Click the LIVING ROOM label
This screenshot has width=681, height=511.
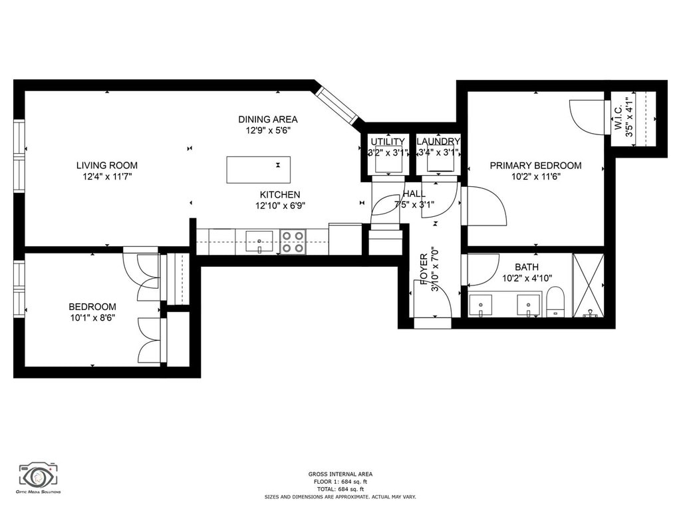click(107, 165)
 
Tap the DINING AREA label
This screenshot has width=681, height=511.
click(268, 119)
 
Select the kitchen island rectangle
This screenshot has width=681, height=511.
click(259, 170)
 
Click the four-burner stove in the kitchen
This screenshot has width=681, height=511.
click(293, 242)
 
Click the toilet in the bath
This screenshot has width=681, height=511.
click(555, 302)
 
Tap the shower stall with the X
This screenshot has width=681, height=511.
click(589, 285)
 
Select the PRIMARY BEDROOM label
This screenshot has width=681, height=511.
click(535, 165)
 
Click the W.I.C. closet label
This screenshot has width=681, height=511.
click(618, 116)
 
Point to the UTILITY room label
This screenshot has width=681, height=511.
click(388, 142)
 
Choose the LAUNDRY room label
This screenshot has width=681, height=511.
click(438, 142)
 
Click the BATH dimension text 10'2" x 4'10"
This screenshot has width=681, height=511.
click(527, 278)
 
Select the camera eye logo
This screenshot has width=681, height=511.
click(38, 476)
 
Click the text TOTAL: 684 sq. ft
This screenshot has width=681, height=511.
click(340, 489)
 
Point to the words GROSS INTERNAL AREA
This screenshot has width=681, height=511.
click(340, 474)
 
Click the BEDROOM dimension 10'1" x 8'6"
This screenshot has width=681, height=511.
click(92, 317)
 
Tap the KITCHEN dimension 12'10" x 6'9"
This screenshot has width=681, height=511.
click(280, 206)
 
